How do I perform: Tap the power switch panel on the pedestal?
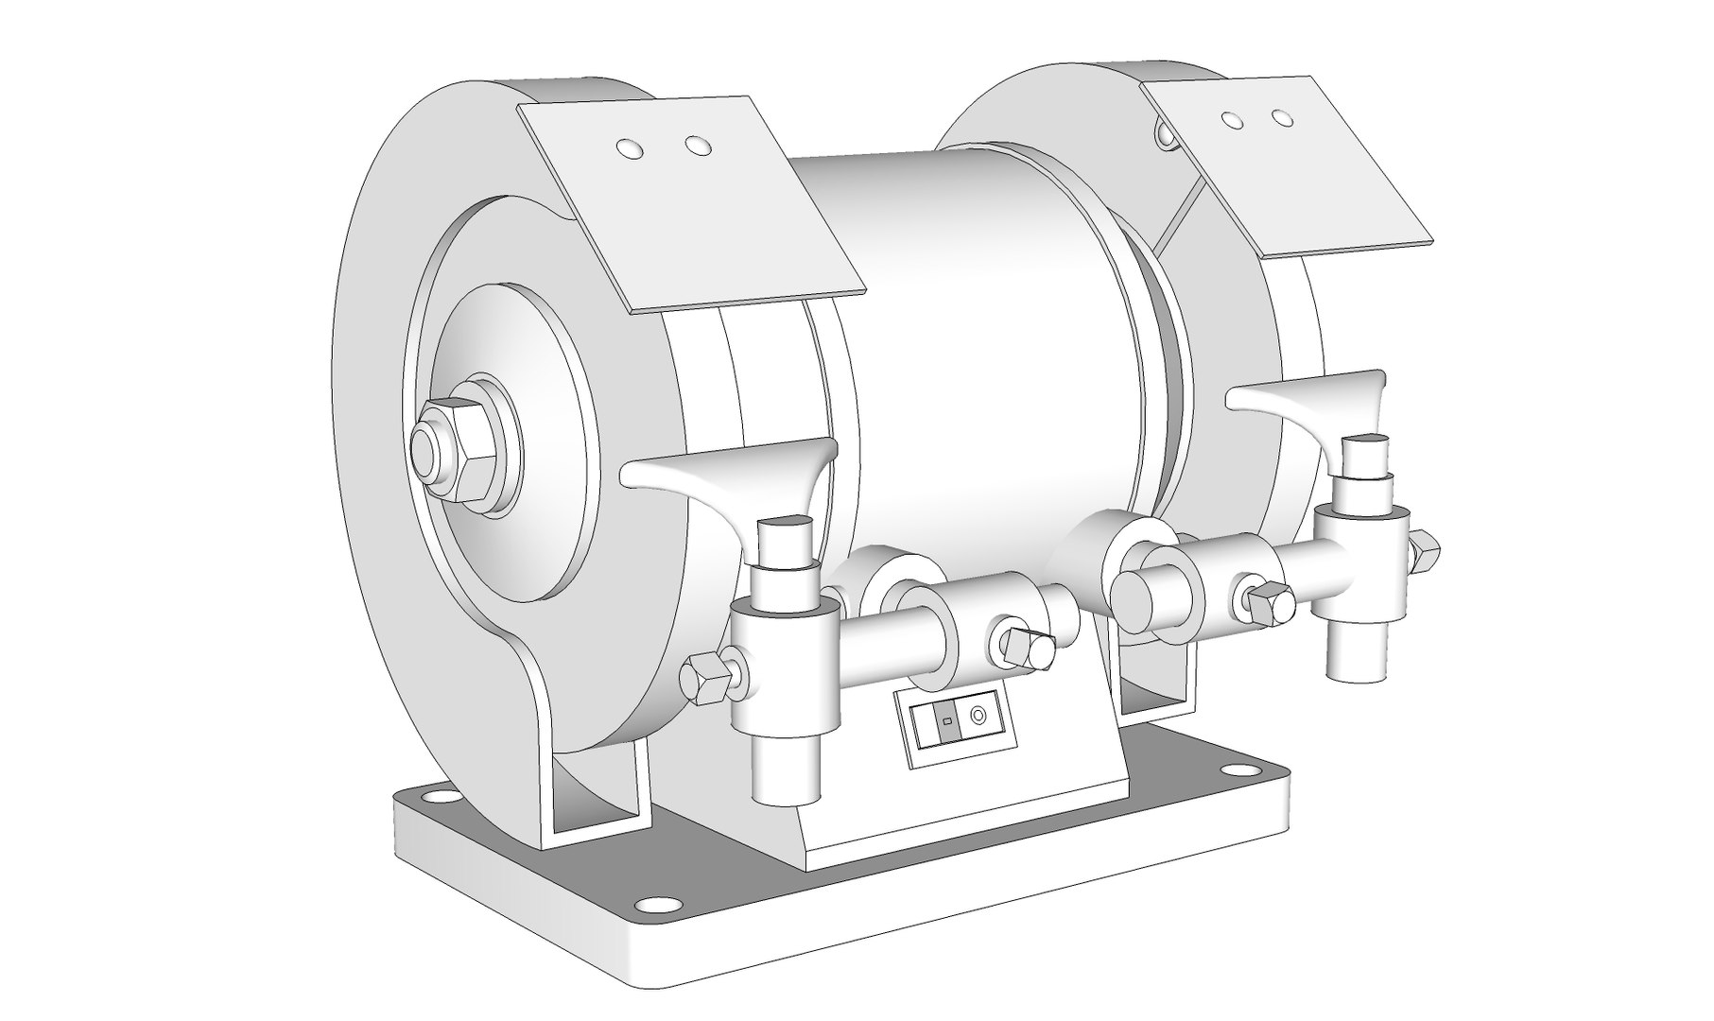(x=959, y=726)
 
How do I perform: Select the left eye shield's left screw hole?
(x=626, y=147)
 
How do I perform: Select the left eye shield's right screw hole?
(x=698, y=147)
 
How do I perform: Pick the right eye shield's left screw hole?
(x=1231, y=120)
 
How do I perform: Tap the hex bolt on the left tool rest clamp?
(x=705, y=677)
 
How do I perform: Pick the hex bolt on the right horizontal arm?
(x=1269, y=602)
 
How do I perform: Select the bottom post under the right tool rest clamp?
(x=1356, y=652)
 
